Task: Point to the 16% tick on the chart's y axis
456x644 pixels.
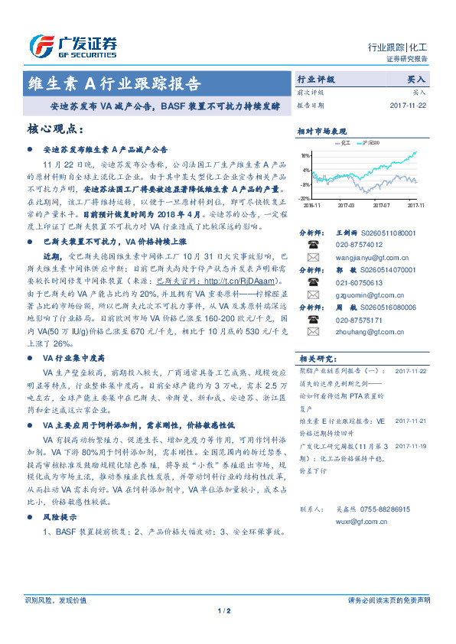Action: tap(305, 155)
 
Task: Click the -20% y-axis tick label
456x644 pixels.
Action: tap(304, 197)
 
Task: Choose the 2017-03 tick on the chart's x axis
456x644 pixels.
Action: tap(346, 205)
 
